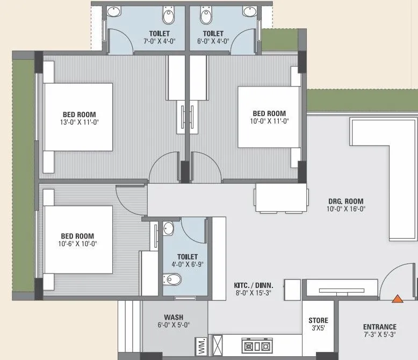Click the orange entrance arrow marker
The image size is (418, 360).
click(x=398, y=299)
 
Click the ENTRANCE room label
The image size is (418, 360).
click(x=380, y=327)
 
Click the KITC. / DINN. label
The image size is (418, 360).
click(x=254, y=285)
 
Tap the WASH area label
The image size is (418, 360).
click(x=174, y=317)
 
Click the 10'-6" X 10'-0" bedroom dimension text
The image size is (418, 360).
click(x=77, y=243)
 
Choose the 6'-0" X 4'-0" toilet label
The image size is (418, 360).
click(x=213, y=41)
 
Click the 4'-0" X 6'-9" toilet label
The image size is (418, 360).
click(x=187, y=264)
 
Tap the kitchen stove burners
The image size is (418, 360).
click(x=257, y=345)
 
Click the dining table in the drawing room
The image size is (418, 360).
click(x=281, y=199)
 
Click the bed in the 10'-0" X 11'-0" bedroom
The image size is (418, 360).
click(x=269, y=117)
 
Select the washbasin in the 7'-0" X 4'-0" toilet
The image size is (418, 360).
click(x=114, y=11)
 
